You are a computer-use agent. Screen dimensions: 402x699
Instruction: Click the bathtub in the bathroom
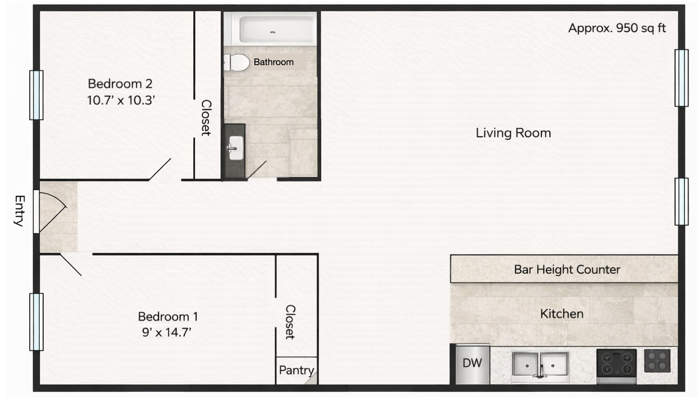[276, 30]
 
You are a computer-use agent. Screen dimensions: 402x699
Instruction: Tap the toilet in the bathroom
[237, 62]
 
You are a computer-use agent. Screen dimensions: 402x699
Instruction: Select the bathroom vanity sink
[235, 148]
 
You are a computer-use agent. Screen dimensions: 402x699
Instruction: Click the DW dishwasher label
[472, 363]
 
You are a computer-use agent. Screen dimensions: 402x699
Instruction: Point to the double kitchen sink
[540, 365]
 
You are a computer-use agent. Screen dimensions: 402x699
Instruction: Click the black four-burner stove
[616, 363]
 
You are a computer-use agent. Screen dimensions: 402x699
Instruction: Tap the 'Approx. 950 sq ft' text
[616, 28]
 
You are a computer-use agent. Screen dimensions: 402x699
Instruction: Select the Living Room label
[513, 133]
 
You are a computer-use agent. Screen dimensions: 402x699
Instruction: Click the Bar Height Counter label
[567, 269]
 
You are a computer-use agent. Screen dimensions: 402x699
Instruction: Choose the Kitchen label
[561, 314]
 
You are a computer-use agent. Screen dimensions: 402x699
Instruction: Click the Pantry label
[296, 370]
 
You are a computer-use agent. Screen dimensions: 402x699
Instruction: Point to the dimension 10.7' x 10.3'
[121, 100]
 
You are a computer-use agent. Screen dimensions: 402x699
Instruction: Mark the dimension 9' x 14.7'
[166, 333]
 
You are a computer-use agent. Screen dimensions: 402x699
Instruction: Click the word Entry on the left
[19, 211]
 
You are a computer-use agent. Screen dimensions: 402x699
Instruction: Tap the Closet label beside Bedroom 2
[206, 117]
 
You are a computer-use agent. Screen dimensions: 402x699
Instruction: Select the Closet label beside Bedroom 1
[290, 322]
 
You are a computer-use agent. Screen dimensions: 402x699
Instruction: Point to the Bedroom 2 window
[36, 95]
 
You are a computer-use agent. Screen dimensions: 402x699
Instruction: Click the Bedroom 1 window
[36, 322]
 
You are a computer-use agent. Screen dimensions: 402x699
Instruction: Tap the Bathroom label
[274, 62]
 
